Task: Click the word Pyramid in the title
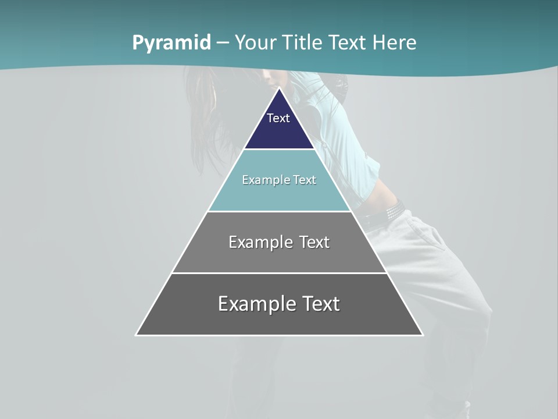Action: [x=171, y=43]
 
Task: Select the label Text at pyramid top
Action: [x=278, y=118]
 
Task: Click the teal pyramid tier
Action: [x=279, y=195]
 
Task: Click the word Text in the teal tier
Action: [x=305, y=180]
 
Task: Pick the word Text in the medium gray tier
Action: [x=315, y=243]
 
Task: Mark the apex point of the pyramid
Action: [x=279, y=88]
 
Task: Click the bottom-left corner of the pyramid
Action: [x=137, y=335]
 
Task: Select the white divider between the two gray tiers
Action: [x=279, y=273]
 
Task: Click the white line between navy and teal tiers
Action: [x=279, y=150]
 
